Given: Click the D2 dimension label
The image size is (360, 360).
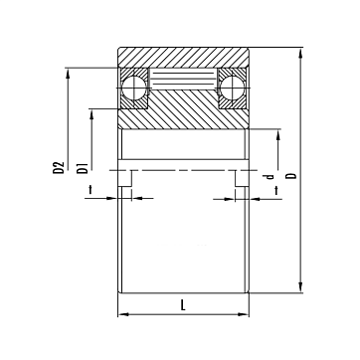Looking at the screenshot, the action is (x=59, y=168).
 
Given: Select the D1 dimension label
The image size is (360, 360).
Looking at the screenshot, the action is (x=83, y=168).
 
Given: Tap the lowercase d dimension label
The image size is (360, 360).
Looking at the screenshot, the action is (x=270, y=177).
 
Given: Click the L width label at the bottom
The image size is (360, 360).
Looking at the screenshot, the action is (x=183, y=305).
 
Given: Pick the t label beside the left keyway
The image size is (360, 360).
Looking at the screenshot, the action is (x=90, y=190).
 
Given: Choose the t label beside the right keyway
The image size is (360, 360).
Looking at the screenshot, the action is (x=276, y=190).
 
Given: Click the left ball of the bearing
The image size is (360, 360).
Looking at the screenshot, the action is (x=134, y=88).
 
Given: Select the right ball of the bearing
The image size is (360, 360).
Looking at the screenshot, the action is (x=233, y=88).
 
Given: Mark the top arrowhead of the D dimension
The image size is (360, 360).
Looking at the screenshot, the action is (x=300, y=53).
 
